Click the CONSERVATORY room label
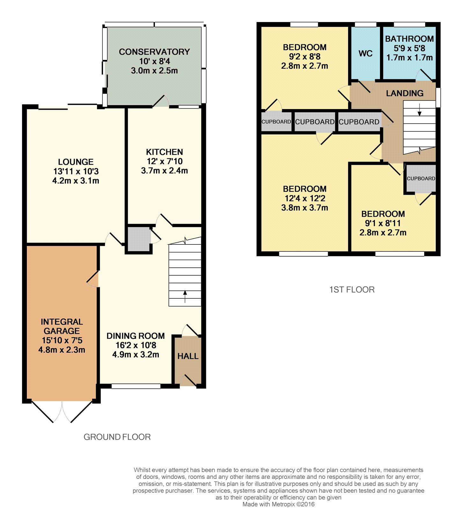click(x=154, y=52)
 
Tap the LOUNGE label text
click(x=76, y=162)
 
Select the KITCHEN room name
click(x=165, y=152)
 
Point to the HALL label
click(x=188, y=356)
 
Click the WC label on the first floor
click(x=366, y=54)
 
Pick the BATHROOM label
click(x=409, y=39)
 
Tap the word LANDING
click(x=405, y=93)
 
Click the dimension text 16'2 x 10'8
click(x=136, y=345)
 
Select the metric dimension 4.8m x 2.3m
click(x=62, y=350)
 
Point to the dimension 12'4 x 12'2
click(x=305, y=198)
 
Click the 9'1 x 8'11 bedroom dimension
click(x=383, y=223)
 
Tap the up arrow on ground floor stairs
click(x=185, y=296)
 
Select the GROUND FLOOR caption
click(x=117, y=437)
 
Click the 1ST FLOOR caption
click(x=352, y=290)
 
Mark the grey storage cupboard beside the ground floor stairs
click(x=139, y=239)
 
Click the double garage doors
click(x=62, y=411)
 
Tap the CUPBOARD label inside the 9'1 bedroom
click(x=421, y=178)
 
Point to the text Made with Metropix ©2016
click(x=279, y=504)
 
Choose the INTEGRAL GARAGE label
click(x=62, y=326)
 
